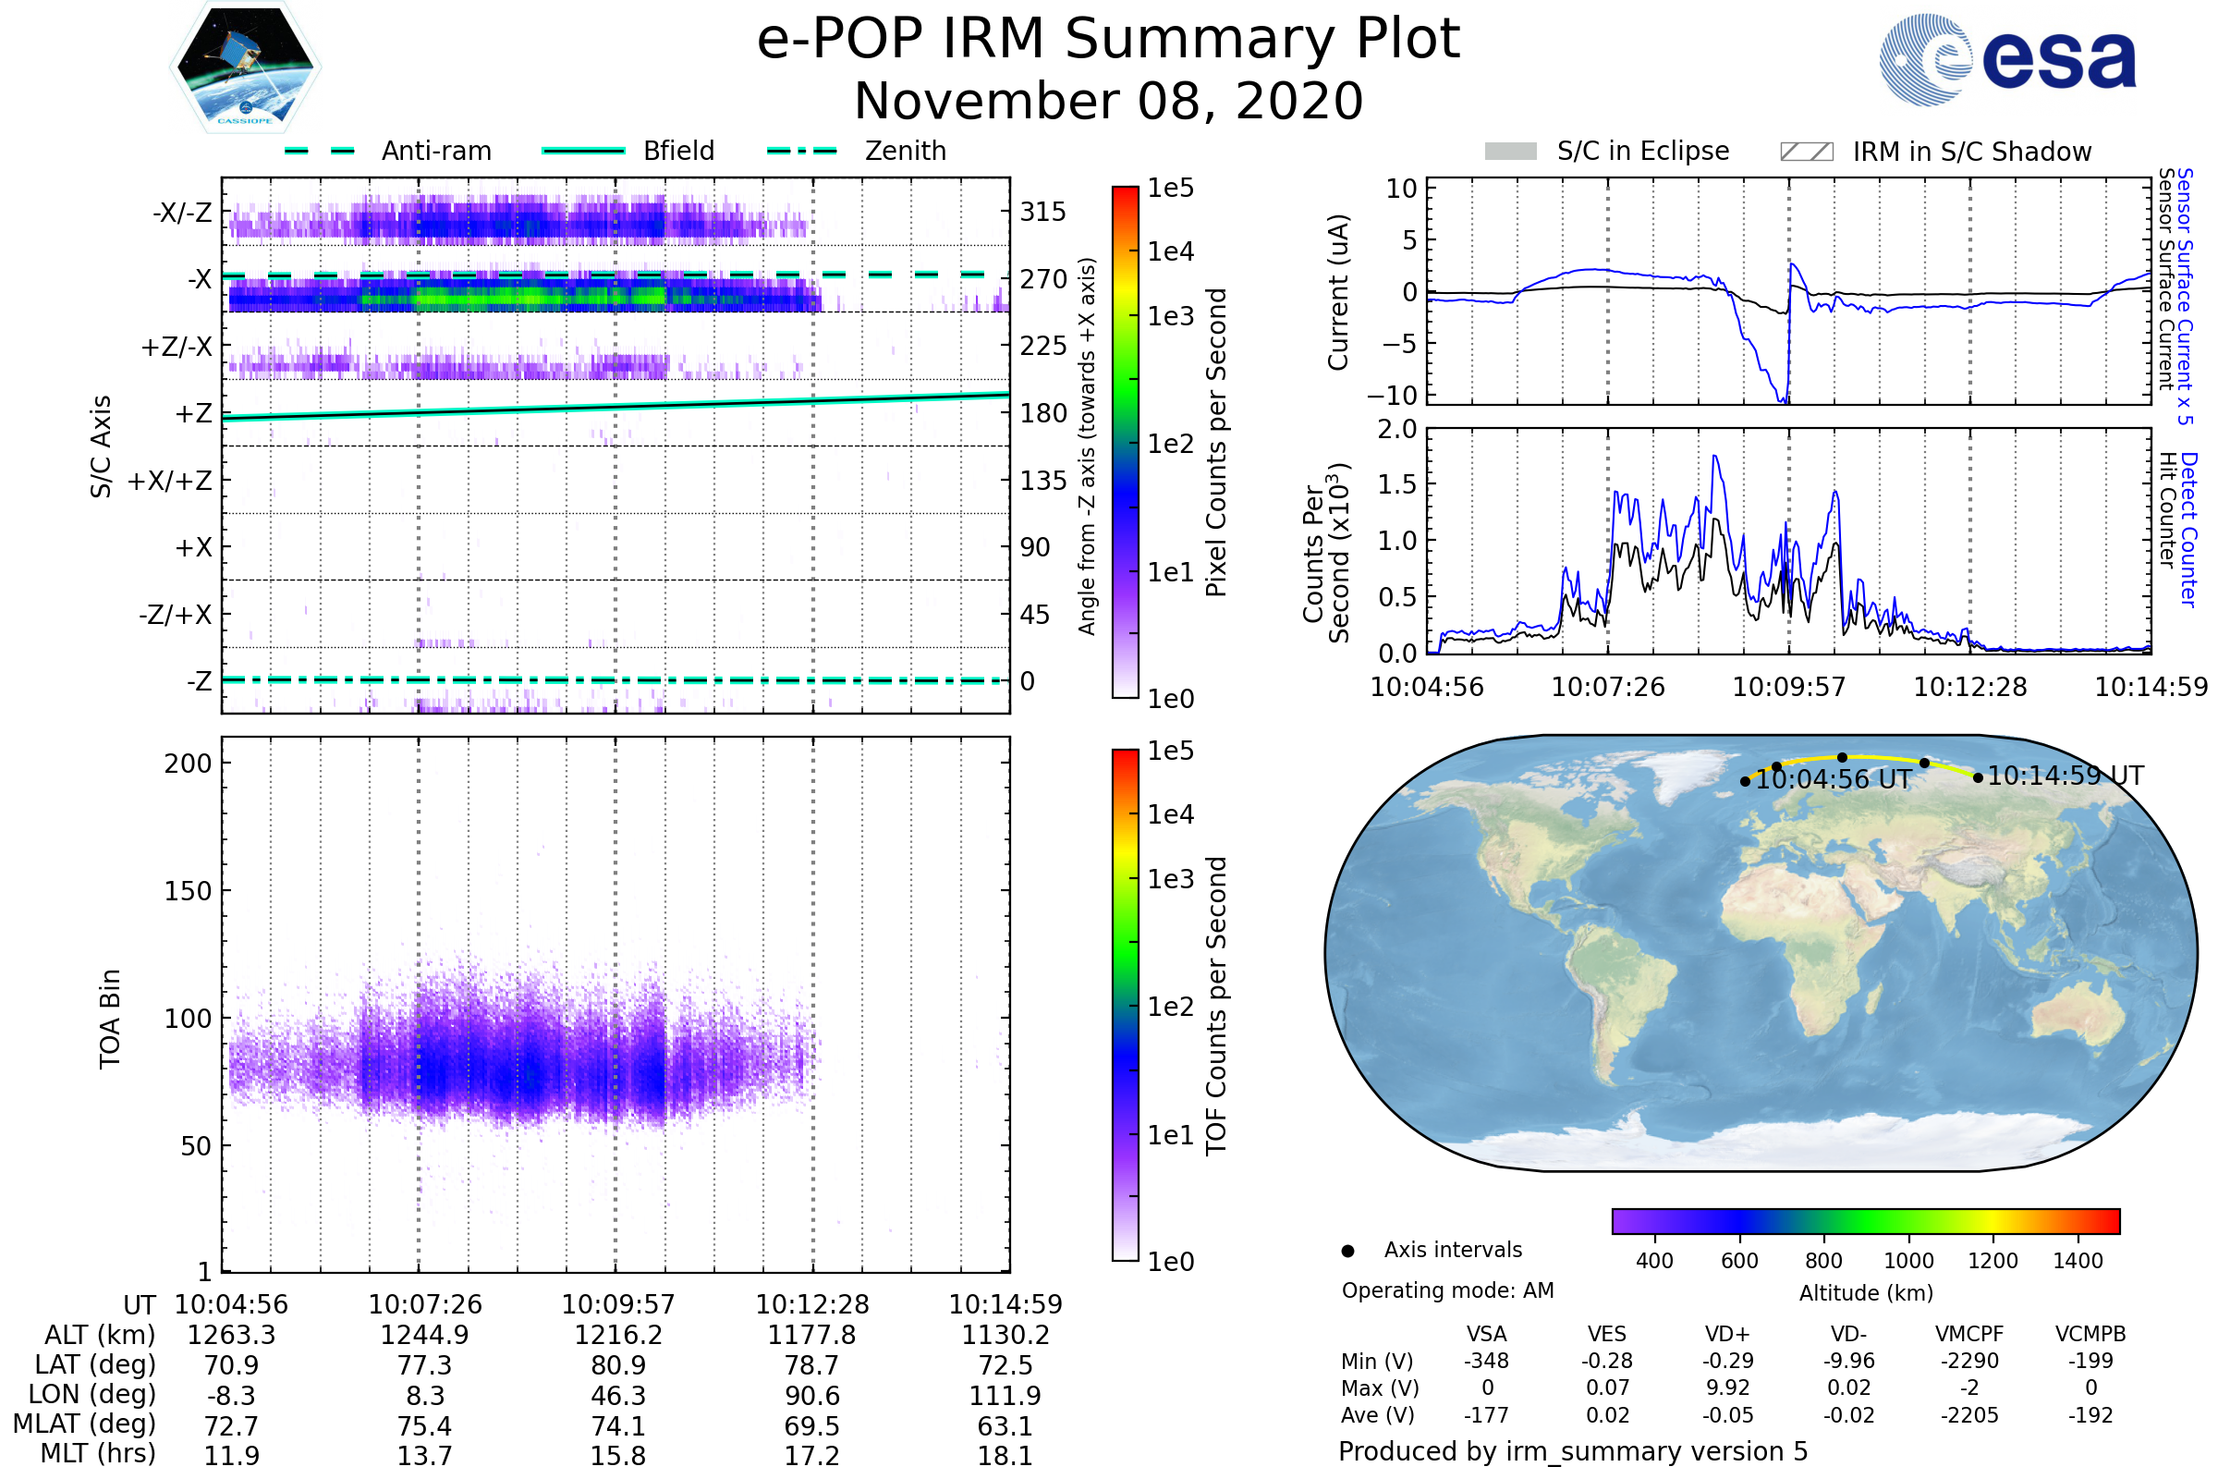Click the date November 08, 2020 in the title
pos(1108,102)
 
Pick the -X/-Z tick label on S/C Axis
pos(182,213)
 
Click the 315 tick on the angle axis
pos(1042,213)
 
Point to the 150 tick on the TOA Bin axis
pos(188,891)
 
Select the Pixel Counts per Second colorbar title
pos(1216,443)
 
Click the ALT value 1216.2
pos(617,1335)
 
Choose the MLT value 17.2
pos(811,1455)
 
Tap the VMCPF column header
pos(1969,1334)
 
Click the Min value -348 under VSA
pos(1486,1361)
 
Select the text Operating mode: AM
pos(1447,1290)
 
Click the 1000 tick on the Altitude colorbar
pos(1907,1261)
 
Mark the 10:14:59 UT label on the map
pos(2066,776)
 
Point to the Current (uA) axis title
pos(1338,292)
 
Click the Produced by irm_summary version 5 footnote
pos(1572,1451)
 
